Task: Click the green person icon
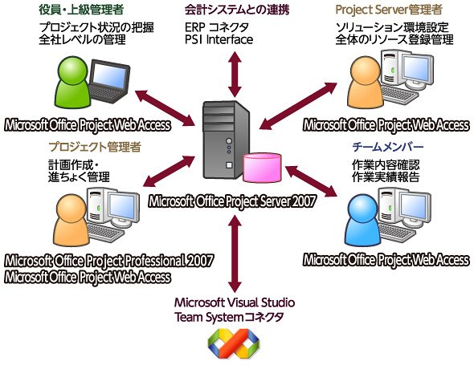coord(72,82)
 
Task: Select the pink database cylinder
coord(263,168)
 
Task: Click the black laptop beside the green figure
coord(108,81)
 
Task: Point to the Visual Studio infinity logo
coord(234,343)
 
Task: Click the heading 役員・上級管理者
coord(81,10)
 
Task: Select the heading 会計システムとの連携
coord(237,10)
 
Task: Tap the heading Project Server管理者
coord(389,10)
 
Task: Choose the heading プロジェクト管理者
coord(95,147)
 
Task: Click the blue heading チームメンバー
coord(388,147)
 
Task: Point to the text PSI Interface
coord(219,39)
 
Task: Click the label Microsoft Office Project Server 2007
coord(232,201)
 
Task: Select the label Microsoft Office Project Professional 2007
coord(109,261)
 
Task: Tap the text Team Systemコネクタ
coord(229,317)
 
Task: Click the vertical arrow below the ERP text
coord(235,75)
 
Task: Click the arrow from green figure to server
coord(165,107)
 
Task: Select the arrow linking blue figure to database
coord(311,181)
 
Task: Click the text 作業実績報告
coord(386,177)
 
